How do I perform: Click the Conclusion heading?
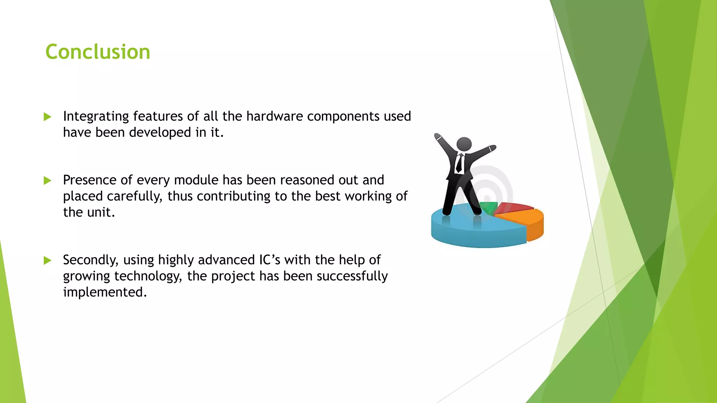click(x=98, y=52)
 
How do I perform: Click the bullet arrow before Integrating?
click(x=48, y=117)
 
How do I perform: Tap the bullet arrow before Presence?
click(x=48, y=181)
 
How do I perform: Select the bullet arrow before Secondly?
click(x=48, y=260)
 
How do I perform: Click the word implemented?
click(x=104, y=292)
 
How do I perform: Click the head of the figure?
click(x=464, y=144)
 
